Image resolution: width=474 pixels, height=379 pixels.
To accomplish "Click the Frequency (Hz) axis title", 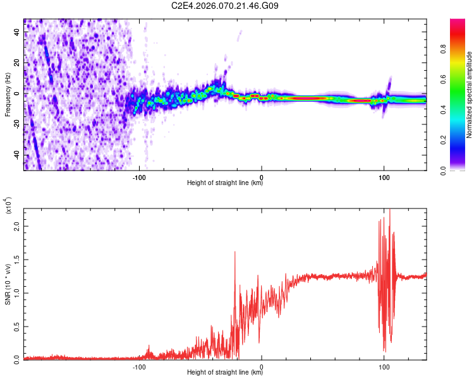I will pyautogui.click(x=8, y=95).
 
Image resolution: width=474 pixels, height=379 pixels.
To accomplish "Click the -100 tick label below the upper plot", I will pyautogui.click(x=140, y=176).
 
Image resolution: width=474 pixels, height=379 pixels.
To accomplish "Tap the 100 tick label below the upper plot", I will pyautogui.click(x=384, y=176).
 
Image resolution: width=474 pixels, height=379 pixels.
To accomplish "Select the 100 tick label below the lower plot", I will pyautogui.click(x=384, y=366).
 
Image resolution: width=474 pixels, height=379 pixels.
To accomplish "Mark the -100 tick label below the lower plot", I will pyautogui.click(x=140, y=366).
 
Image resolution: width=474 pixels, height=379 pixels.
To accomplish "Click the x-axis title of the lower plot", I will pyautogui.click(x=225, y=373).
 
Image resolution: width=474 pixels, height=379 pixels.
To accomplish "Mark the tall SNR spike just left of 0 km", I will pyautogui.click(x=235, y=253).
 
